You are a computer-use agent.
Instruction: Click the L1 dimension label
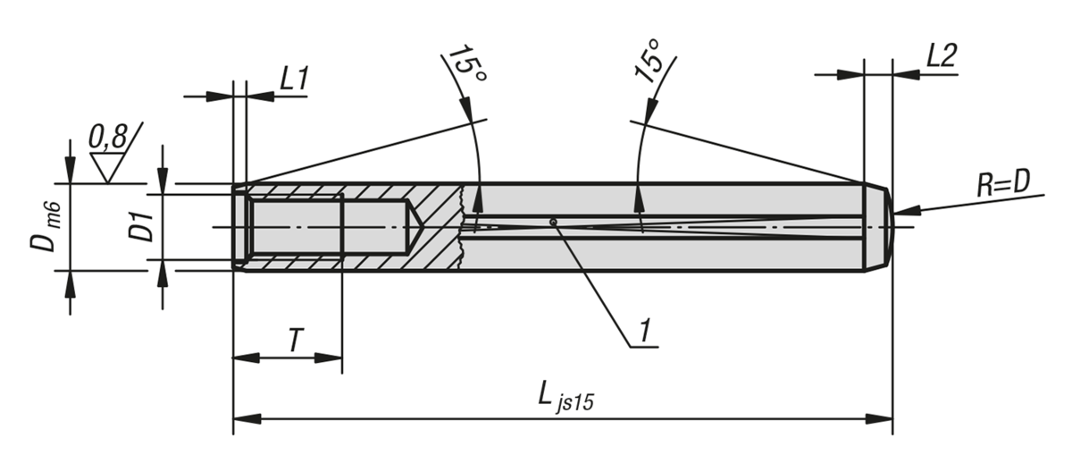coord(294,79)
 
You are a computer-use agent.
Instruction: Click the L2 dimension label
coord(941,57)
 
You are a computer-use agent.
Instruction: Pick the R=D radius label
coord(1003,183)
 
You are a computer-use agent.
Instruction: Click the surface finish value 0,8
coord(107,138)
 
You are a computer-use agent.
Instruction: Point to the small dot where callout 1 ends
coord(554,221)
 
